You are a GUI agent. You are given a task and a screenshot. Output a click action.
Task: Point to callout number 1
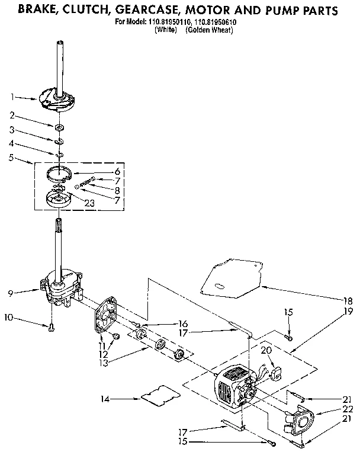11,96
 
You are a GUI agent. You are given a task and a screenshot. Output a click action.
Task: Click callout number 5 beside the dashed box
11,158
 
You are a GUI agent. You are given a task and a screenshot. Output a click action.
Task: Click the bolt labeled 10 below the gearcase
52,326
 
